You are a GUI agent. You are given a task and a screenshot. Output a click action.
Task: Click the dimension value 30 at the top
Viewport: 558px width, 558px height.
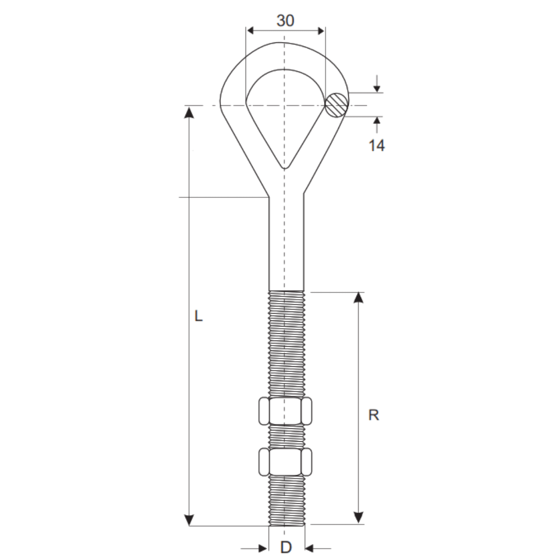click(285, 21)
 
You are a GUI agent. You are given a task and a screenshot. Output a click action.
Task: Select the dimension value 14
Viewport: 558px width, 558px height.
click(376, 146)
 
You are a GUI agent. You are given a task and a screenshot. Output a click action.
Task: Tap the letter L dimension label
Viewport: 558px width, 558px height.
click(198, 316)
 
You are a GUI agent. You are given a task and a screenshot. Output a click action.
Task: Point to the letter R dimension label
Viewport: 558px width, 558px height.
click(374, 415)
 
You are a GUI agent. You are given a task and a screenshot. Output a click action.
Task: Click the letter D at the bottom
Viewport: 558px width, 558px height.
click(286, 547)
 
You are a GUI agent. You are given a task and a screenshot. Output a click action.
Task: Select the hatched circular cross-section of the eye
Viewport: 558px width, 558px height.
click(337, 105)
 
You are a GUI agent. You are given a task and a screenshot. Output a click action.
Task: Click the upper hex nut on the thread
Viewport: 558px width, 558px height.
click(285, 411)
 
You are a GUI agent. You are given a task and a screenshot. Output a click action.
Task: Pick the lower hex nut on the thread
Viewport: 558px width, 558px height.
click(285, 461)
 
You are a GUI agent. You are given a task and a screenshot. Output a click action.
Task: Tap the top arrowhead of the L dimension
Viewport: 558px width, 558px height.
click(190, 112)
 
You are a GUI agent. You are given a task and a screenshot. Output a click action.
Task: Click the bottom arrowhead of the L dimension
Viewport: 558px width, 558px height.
click(190, 519)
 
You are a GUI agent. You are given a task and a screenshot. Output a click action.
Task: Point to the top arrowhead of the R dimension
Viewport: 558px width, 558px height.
click(359, 298)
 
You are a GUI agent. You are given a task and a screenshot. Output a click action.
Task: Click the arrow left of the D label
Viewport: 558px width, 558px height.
click(261, 548)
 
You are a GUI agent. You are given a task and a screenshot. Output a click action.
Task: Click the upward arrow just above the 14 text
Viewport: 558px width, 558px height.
click(377, 122)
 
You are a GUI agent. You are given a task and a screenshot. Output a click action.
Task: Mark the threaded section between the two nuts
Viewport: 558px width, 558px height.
click(286, 437)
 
